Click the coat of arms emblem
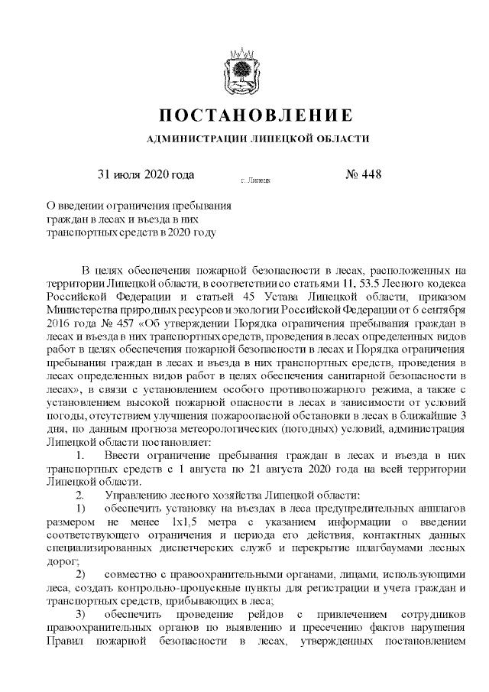tap(244, 71)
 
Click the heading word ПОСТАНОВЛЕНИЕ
tap(256, 115)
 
